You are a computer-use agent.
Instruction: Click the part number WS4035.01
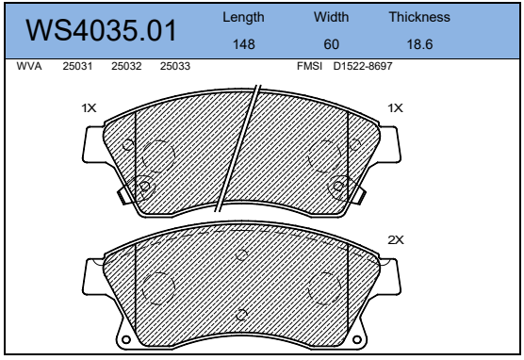pyautogui.click(x=101, y=30)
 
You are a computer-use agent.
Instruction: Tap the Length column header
pyautogui.click(x=243, y=17)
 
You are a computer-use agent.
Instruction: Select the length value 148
pyautogui.click(x=243, y=44)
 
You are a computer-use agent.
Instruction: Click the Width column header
pyautogui.click(x=331, y=17)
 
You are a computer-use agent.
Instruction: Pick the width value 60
pyautogui.click(x=331, y=44)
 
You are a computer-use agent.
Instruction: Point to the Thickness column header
pyautogui.click(x=419, y=17)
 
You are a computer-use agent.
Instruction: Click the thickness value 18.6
pyautogui.click(x=419, y=44)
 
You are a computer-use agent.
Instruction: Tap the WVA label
pyautogui.click(x=29, y=66)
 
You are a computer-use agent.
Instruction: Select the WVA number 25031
pyautogui.click(x=77, y=66)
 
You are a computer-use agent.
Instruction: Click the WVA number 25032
pyautogui.click(x=126, y=66)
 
